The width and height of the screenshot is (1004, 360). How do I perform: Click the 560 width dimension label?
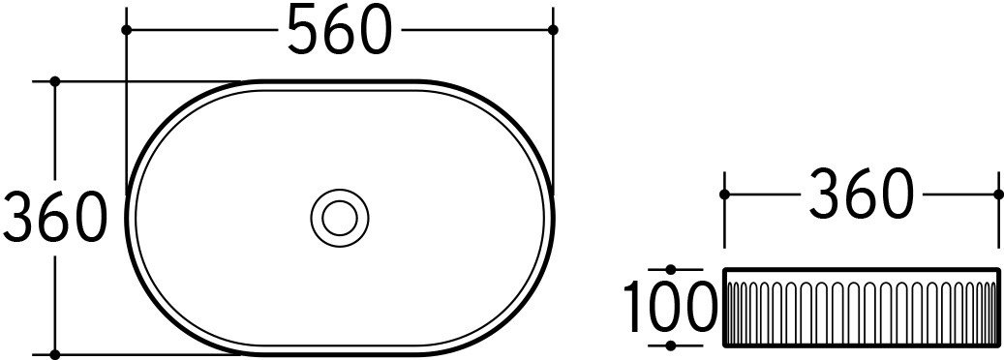pos(339,29)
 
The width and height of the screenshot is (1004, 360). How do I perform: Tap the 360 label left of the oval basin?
pos(54,217)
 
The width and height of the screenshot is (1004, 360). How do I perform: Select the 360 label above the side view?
pos(860,194)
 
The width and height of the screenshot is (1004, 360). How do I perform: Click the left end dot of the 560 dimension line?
pos(126,30)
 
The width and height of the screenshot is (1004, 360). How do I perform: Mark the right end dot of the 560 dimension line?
pos(553,30)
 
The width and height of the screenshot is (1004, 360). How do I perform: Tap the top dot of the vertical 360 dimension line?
pos(55,81)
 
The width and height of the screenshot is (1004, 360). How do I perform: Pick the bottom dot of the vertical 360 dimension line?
pos(55,354)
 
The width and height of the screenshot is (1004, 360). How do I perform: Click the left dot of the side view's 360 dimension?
pos(724,194)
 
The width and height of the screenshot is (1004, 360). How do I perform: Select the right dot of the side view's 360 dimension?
pos(998,194)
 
